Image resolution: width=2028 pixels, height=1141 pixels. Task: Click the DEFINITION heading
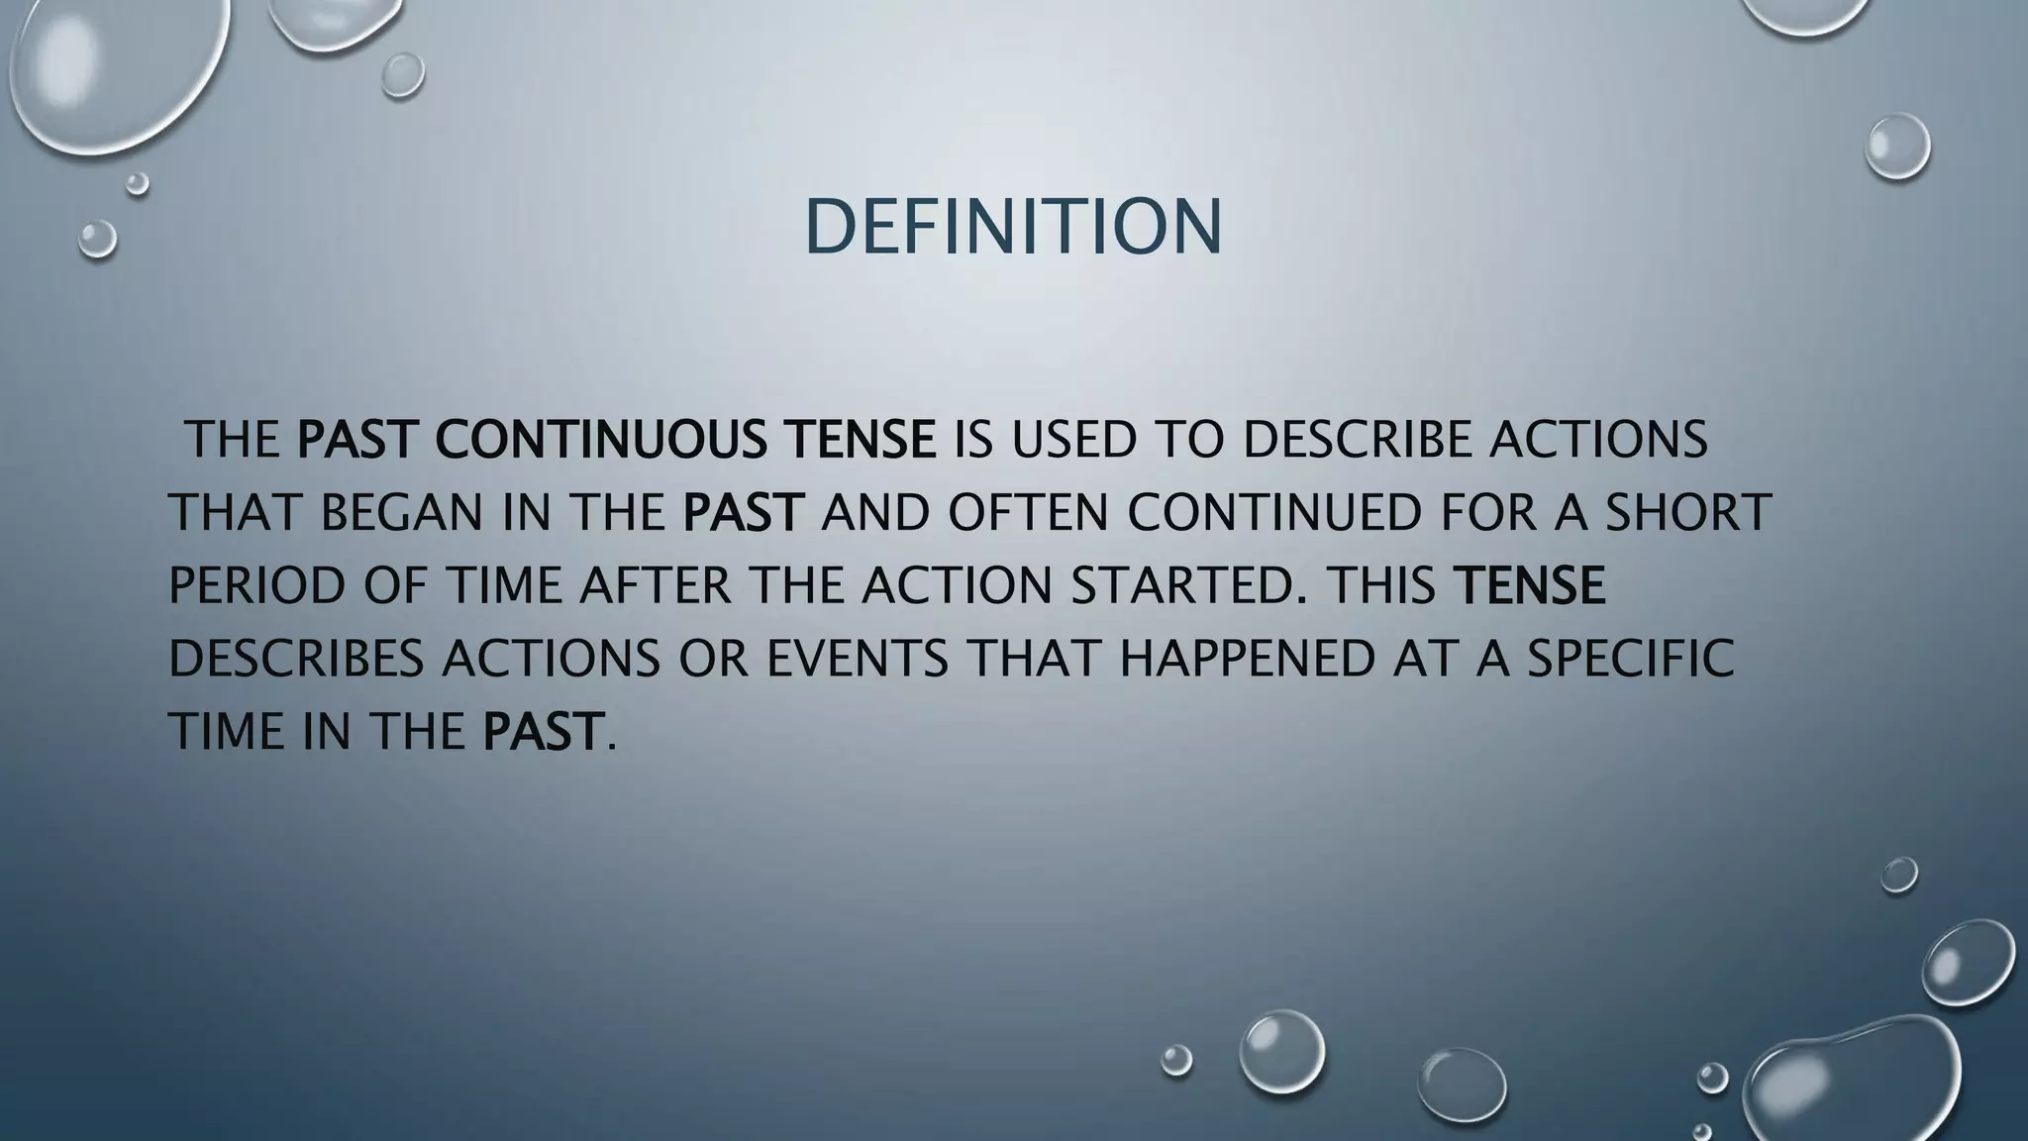pyautogui.click(x=1013, y=227)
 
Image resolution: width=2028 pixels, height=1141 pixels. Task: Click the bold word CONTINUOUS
pyautogui.click(x=599, y=440)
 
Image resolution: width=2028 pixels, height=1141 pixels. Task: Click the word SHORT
pyautogui.click(x=1687, y=513)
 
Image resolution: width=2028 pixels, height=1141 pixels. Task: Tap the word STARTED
pyautogui.click(x=1181, y=585)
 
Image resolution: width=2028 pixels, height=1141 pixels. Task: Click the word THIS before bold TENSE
pyautogui.click(x=1381, y=585)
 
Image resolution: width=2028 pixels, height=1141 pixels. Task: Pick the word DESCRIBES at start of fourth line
pyautogui.click(x=296, y=659)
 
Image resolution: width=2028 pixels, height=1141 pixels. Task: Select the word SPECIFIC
pyautogui.click(x=1631, y=659)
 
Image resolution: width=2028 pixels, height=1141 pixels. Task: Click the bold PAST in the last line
pyautogui.click(x=542, y=732)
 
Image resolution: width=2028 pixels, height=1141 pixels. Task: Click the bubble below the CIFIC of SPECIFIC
pyautogui.click(x=1898, y=875)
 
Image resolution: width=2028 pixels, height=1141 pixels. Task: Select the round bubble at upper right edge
pyautogui.click(x=1897, y=147)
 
